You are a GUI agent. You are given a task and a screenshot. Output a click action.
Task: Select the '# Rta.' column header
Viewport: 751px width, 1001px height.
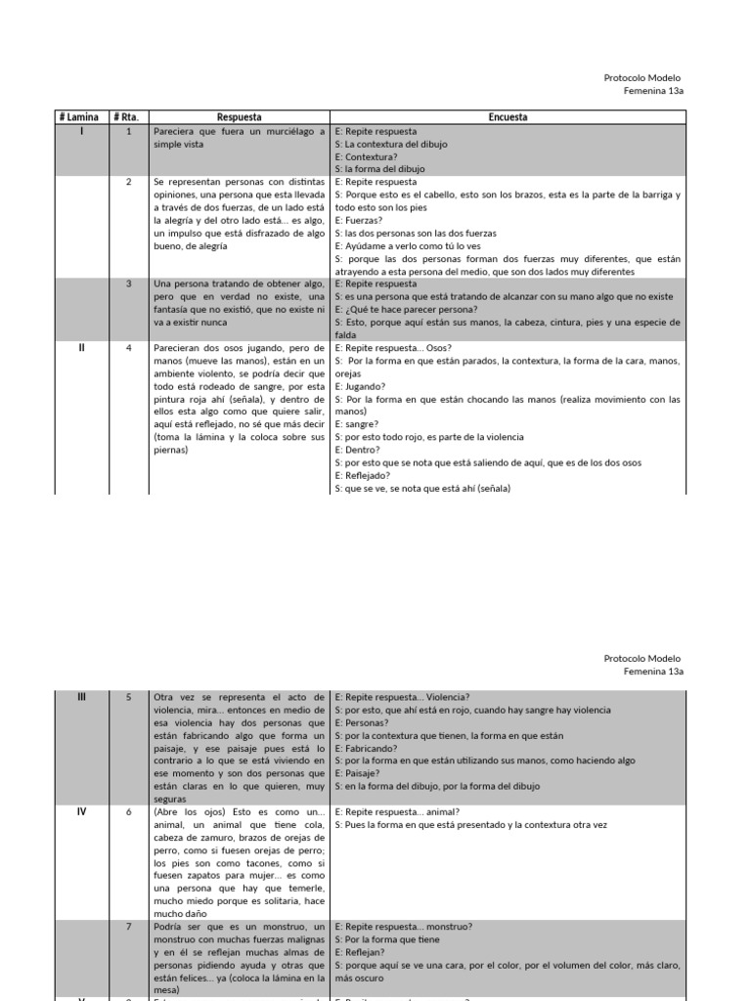[128, 117]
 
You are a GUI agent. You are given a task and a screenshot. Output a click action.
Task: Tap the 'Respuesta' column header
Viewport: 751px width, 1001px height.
[239, 117]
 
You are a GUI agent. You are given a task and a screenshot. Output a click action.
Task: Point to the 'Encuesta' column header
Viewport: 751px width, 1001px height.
[508, 117]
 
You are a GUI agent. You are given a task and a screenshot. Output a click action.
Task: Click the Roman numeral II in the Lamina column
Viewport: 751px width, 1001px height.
[81, 347]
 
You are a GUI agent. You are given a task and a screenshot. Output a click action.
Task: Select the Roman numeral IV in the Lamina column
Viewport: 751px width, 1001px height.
[81, 811]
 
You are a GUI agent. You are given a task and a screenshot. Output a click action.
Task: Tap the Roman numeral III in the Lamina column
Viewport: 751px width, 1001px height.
[81, 697]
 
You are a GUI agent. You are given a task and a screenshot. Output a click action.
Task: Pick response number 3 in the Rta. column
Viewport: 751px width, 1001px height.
[128, 283]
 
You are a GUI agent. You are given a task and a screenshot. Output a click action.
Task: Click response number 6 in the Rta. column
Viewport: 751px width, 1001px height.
[128, 811]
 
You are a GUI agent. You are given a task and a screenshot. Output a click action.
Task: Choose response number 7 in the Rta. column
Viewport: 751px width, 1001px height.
[128, 926]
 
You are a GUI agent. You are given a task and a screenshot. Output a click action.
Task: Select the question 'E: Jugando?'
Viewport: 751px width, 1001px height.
[360, 387]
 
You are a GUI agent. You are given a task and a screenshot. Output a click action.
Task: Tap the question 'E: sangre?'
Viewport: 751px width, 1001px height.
[358, 425]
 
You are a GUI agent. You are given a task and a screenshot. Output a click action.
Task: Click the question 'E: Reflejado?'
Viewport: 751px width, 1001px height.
[363, 476]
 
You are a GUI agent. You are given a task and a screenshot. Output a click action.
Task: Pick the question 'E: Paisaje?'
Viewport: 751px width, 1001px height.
[358, 773]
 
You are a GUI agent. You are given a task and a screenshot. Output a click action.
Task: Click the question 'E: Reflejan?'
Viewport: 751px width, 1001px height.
[361, 951]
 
